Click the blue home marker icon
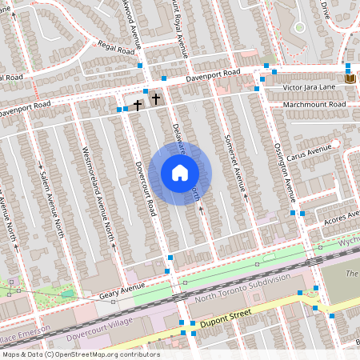(x=180, y=173)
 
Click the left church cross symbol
(x=138, y=103)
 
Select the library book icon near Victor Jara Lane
(x=350, y=78)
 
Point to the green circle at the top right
(x=299, y=27)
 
